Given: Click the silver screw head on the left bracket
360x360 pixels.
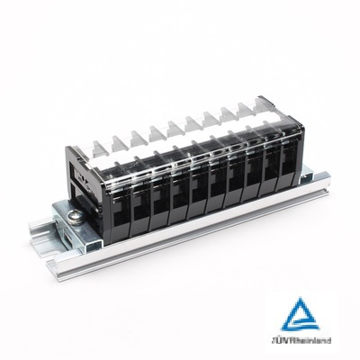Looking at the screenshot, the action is (x=75, y=217).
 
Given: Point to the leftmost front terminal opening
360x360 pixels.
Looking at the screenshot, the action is (x=121, y=211).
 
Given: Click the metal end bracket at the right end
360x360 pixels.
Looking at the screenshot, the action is (x=307, y=176).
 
